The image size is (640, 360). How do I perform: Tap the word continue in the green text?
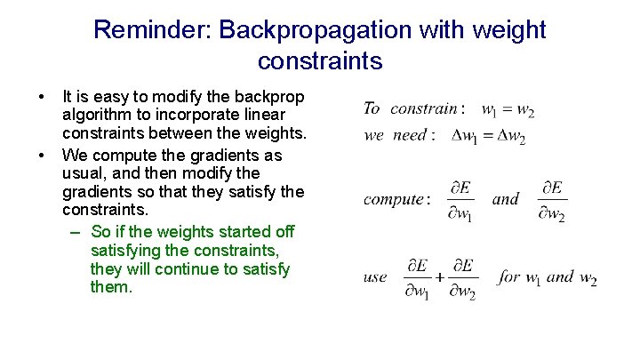180,269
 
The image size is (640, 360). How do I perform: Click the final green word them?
111,288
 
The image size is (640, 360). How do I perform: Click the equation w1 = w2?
508,110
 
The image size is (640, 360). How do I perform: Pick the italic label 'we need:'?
400,136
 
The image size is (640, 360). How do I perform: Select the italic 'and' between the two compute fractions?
505,199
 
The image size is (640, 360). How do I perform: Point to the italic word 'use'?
375,277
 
